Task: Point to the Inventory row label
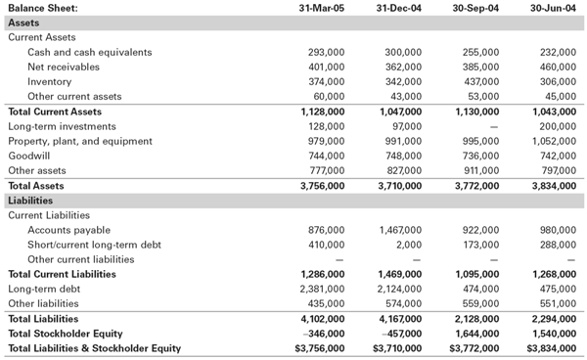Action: coord(50,81)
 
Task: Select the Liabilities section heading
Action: coord(31,200)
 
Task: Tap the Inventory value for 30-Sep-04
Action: coord(479,81)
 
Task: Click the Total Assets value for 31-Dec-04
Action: coord(398,185)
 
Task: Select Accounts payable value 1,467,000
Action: coord(398,229)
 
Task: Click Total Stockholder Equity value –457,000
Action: coord(399,333)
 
